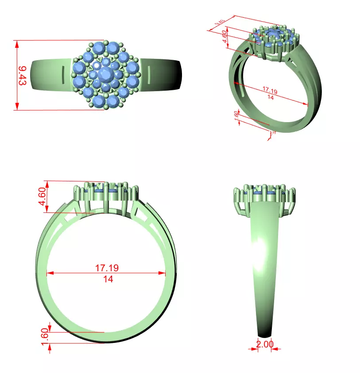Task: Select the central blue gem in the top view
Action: point(106,74)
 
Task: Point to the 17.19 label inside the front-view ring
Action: point(107,268)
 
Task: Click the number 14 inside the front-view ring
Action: point(108,279)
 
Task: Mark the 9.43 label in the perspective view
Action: point(220,23)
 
